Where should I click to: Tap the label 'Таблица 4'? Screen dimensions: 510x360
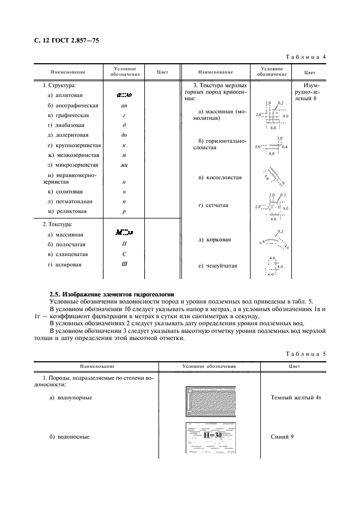(x=306, y=57)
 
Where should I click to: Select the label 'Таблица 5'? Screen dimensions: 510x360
(x=306, y=354)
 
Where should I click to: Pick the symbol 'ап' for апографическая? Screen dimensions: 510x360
(x=124, y=105)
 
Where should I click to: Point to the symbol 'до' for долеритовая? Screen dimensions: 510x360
(x=124, y=135)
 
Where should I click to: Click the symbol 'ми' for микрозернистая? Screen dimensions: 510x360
(x=124, y=165)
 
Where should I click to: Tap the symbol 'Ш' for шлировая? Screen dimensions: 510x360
(x=124, y=264)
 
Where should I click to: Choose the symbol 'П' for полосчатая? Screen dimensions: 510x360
(x=124, y=245)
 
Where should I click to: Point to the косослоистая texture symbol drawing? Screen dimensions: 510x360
(x=271, y=177)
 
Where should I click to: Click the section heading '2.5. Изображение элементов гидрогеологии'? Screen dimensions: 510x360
(x=112, y=294)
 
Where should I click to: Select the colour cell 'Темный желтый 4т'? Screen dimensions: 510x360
(x=296, y=398)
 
